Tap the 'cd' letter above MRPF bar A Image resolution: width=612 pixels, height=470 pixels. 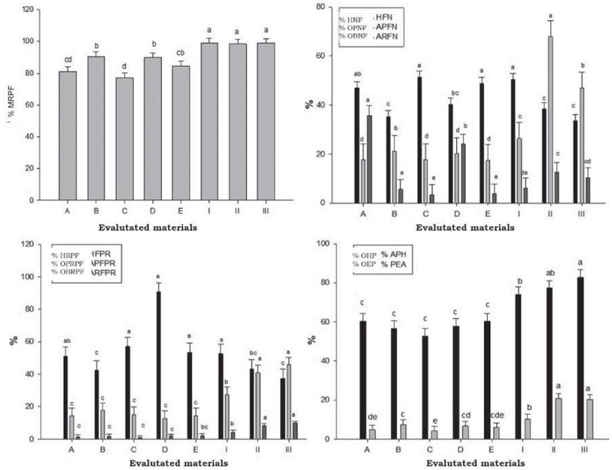67,59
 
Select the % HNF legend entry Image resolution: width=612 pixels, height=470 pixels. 352,20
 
